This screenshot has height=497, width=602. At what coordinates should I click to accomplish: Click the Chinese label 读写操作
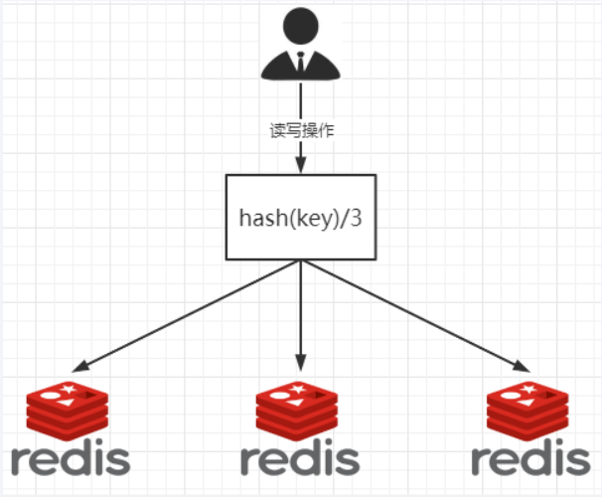click(301, 131)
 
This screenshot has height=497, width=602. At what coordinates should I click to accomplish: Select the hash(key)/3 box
click(300, 217)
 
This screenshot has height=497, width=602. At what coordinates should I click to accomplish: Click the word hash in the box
click(258, 217)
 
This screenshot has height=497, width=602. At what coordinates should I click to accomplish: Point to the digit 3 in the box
click(356, 217)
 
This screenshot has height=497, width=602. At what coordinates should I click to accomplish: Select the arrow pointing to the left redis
click(189, 314)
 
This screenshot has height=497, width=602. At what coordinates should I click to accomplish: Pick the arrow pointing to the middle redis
click(300, 318)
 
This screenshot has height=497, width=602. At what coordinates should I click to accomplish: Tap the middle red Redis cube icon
click(299, 412)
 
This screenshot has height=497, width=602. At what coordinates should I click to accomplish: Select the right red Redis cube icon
click(529, 412)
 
